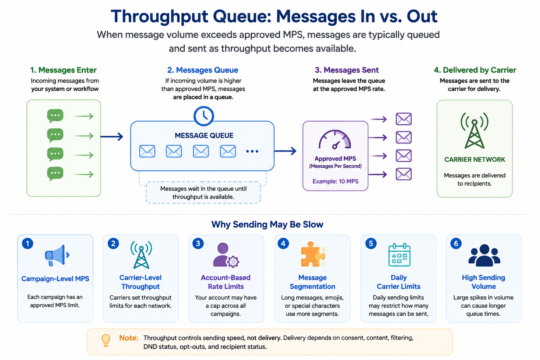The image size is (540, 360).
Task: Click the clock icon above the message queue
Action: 204,116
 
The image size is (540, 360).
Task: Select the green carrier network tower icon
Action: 474,130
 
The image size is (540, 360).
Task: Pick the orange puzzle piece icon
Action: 313,254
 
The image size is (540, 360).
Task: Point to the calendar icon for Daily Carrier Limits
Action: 399,255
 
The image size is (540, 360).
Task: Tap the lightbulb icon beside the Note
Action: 106,340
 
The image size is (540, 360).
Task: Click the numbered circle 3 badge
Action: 198,243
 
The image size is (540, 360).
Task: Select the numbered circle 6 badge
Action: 456,243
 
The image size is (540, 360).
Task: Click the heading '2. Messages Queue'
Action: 203,70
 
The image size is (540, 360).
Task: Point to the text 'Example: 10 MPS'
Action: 335,181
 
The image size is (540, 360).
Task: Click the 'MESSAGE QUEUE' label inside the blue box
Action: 204,135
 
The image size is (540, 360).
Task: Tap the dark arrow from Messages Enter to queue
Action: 111,137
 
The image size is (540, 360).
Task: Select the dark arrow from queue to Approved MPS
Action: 285,151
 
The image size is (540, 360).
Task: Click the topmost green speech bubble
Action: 55,116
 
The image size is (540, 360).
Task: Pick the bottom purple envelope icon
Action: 404,174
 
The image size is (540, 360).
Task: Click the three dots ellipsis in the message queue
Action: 252,152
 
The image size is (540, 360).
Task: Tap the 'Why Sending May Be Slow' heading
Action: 267,224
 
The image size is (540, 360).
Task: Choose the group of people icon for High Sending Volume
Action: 484,255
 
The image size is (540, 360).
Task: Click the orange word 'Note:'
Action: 129,338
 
